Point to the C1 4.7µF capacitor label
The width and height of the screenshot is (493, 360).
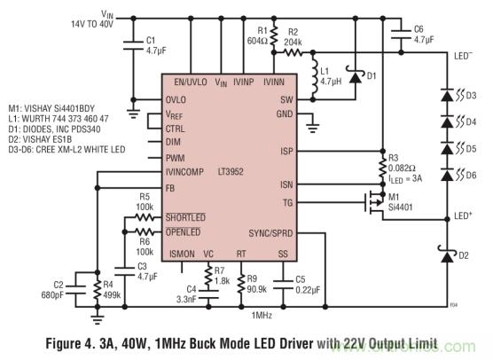[156, 44]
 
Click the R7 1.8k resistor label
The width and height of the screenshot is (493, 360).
[222, 275]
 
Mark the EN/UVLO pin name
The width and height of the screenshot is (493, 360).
[192, 82]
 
